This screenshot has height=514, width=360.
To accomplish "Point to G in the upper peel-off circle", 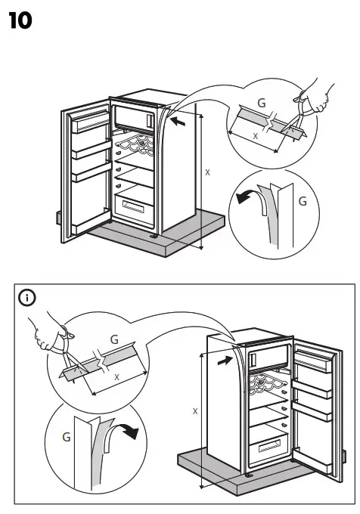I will [x=303, y=202].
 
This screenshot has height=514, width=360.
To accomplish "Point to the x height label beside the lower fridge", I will [x=195, y=411].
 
